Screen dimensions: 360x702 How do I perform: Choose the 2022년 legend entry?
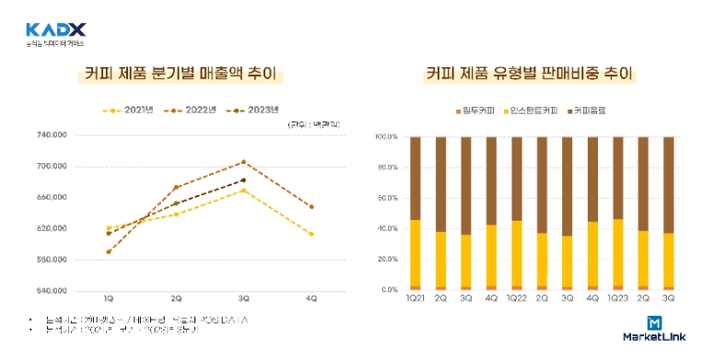click(x=193, y=110)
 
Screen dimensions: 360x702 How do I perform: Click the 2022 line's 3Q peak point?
click(x=243, y=162)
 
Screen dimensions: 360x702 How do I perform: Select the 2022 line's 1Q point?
click(x=109, y=251)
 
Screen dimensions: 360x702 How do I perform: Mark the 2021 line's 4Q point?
click(x=311, y=234)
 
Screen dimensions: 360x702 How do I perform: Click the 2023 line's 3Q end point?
click(x=243, y=180)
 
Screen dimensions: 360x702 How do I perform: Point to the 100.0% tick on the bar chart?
click(x=386, y=136)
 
